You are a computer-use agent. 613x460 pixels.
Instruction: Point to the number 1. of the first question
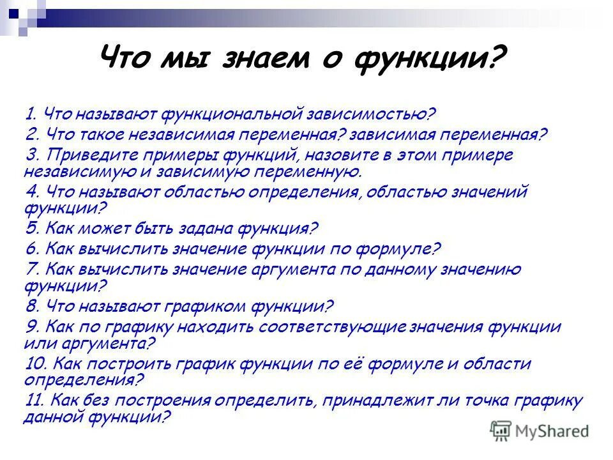[x=31, y=115]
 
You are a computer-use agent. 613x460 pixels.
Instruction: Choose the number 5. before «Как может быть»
[x=33, y=228]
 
